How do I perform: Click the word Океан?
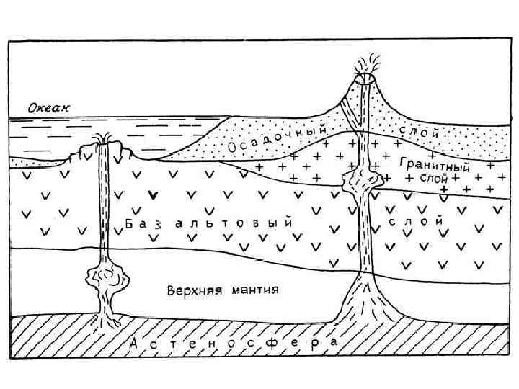[50, 108]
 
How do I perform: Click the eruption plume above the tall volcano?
[368, 63]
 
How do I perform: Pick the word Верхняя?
[191, 291]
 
